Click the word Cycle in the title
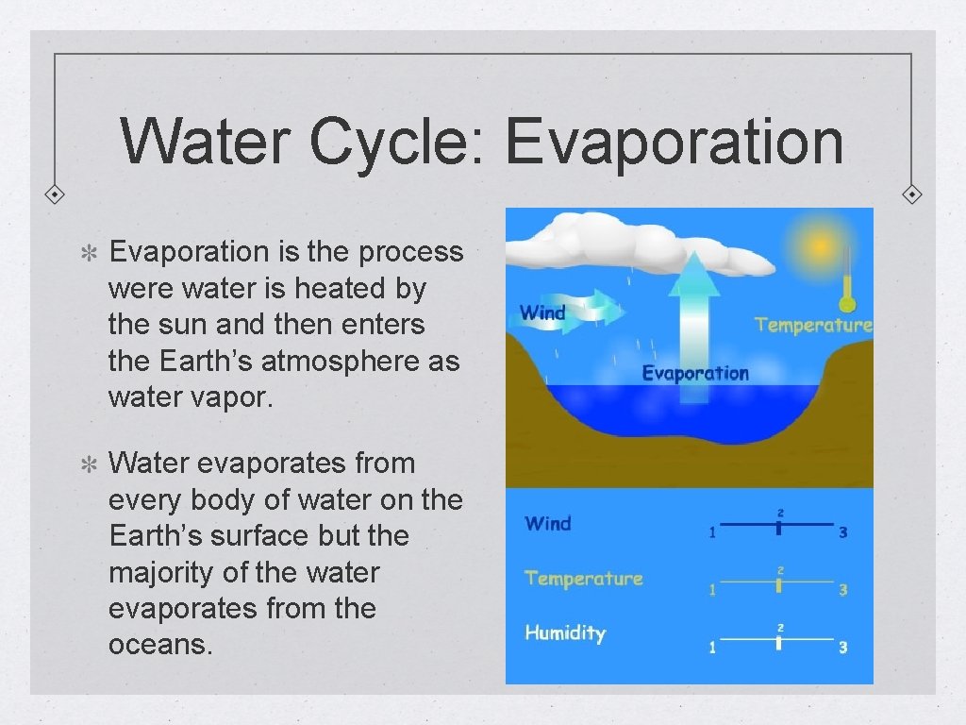tap(396, 141)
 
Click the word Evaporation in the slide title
tap(674, 141)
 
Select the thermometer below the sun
tap(847, 278)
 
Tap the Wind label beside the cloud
tap(542, 313)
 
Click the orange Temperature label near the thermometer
tap(813, 325)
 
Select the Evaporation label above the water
tap(695, 373)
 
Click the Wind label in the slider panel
tap(548, 523)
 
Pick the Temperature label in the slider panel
tap(583, 578)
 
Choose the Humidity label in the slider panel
tap(565, 632)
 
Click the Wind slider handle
tap(779, 528)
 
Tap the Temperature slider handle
tap(779, 585)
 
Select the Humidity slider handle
tap(779, 643)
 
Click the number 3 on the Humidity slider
tap(842, 648)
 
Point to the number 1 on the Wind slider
tap(712, 532)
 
